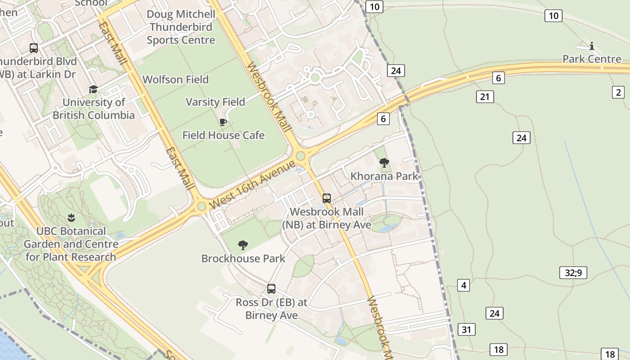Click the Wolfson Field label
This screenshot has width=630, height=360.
pyautogui.click(x=175, y=80)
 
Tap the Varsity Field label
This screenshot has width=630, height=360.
pyautogui.click(x=216, y=102)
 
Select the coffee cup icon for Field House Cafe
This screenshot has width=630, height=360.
pyautogui.click(x=223, y=121)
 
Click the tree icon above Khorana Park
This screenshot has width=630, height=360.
pyautogui.click(x=384, y=163)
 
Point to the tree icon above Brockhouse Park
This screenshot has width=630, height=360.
pyautogui.click(x=243, y=245)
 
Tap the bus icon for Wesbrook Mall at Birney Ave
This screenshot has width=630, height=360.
pyautogui.click(x=327, y=198)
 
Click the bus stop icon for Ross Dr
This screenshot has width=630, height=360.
pyautogui.click(x=271, y=289)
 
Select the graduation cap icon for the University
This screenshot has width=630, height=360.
pyautogui.click(x=93, y=89)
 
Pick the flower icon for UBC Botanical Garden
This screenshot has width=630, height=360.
pyautogui.click(x=71, y=218)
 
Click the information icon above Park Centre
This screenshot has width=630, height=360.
pyautogui.click(x=592, y=46)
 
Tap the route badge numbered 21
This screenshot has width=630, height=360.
pyautogui.click(x=485, y=97)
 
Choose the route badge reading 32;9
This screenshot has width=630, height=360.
pyautogui.click(x=573, y=273)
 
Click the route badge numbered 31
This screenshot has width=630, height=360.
pyautogui.click(x=466, y=329)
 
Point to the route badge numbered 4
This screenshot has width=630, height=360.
pyautogui.click(x=463, y=285)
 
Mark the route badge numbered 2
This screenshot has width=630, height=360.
pyautogui.click(x=618, y=92)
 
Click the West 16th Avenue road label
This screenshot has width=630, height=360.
pyautogui.click(x=252, y=184)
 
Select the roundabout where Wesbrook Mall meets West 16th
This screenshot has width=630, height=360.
pyautogui.click(x=301, y=156)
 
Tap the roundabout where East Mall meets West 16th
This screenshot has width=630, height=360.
pyautogui.click(x=201, y=207)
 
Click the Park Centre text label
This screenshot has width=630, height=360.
pyautogui.click(x=592, y=59)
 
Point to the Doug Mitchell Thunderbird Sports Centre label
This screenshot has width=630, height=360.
pyautogui.click(x=181, y=27)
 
